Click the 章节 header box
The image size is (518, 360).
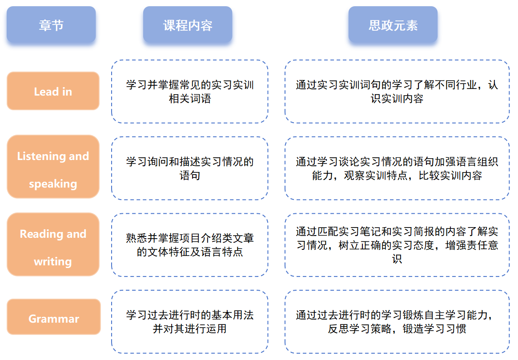(51, 25)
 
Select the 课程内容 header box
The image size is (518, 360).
(188, 25)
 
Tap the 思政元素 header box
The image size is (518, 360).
(393, 25)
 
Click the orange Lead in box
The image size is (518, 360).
(53, 91)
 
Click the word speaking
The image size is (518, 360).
(53, 184)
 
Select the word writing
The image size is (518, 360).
(53, 261)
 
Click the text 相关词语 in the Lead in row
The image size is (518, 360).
(190, 98)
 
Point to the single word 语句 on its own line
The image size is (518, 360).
(190, 176)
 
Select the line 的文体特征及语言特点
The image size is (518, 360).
(190, 252)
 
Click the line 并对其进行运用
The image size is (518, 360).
(190, 329)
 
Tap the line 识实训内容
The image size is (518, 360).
(397, 98)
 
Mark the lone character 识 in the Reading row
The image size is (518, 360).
(397, 259)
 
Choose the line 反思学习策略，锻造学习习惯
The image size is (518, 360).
(397, 329)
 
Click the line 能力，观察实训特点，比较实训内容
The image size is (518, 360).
(397, 176)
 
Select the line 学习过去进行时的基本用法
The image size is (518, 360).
(190, 315)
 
